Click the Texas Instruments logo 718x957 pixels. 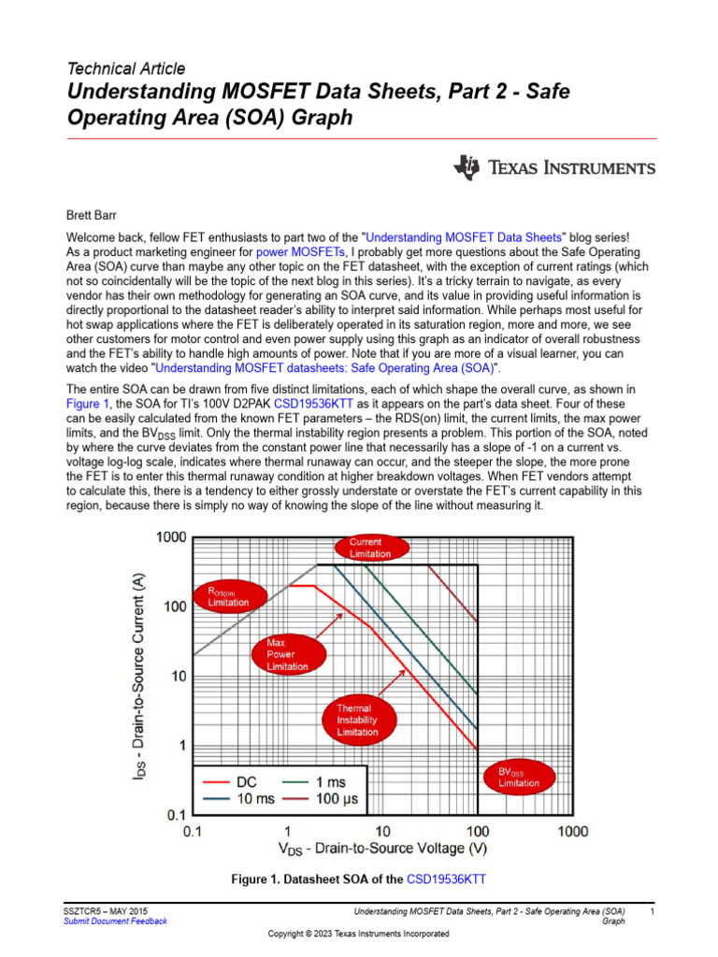[x=554, y=168]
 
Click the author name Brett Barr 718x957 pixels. [x=93, y=214]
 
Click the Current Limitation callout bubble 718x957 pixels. [x=365, y=549]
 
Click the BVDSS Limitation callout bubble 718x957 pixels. [x=518, y=778]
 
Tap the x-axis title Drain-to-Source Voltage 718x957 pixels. [x=382, y=850]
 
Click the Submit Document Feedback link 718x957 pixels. [x=115, y=921]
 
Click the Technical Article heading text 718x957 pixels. [x=126, y=68]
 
